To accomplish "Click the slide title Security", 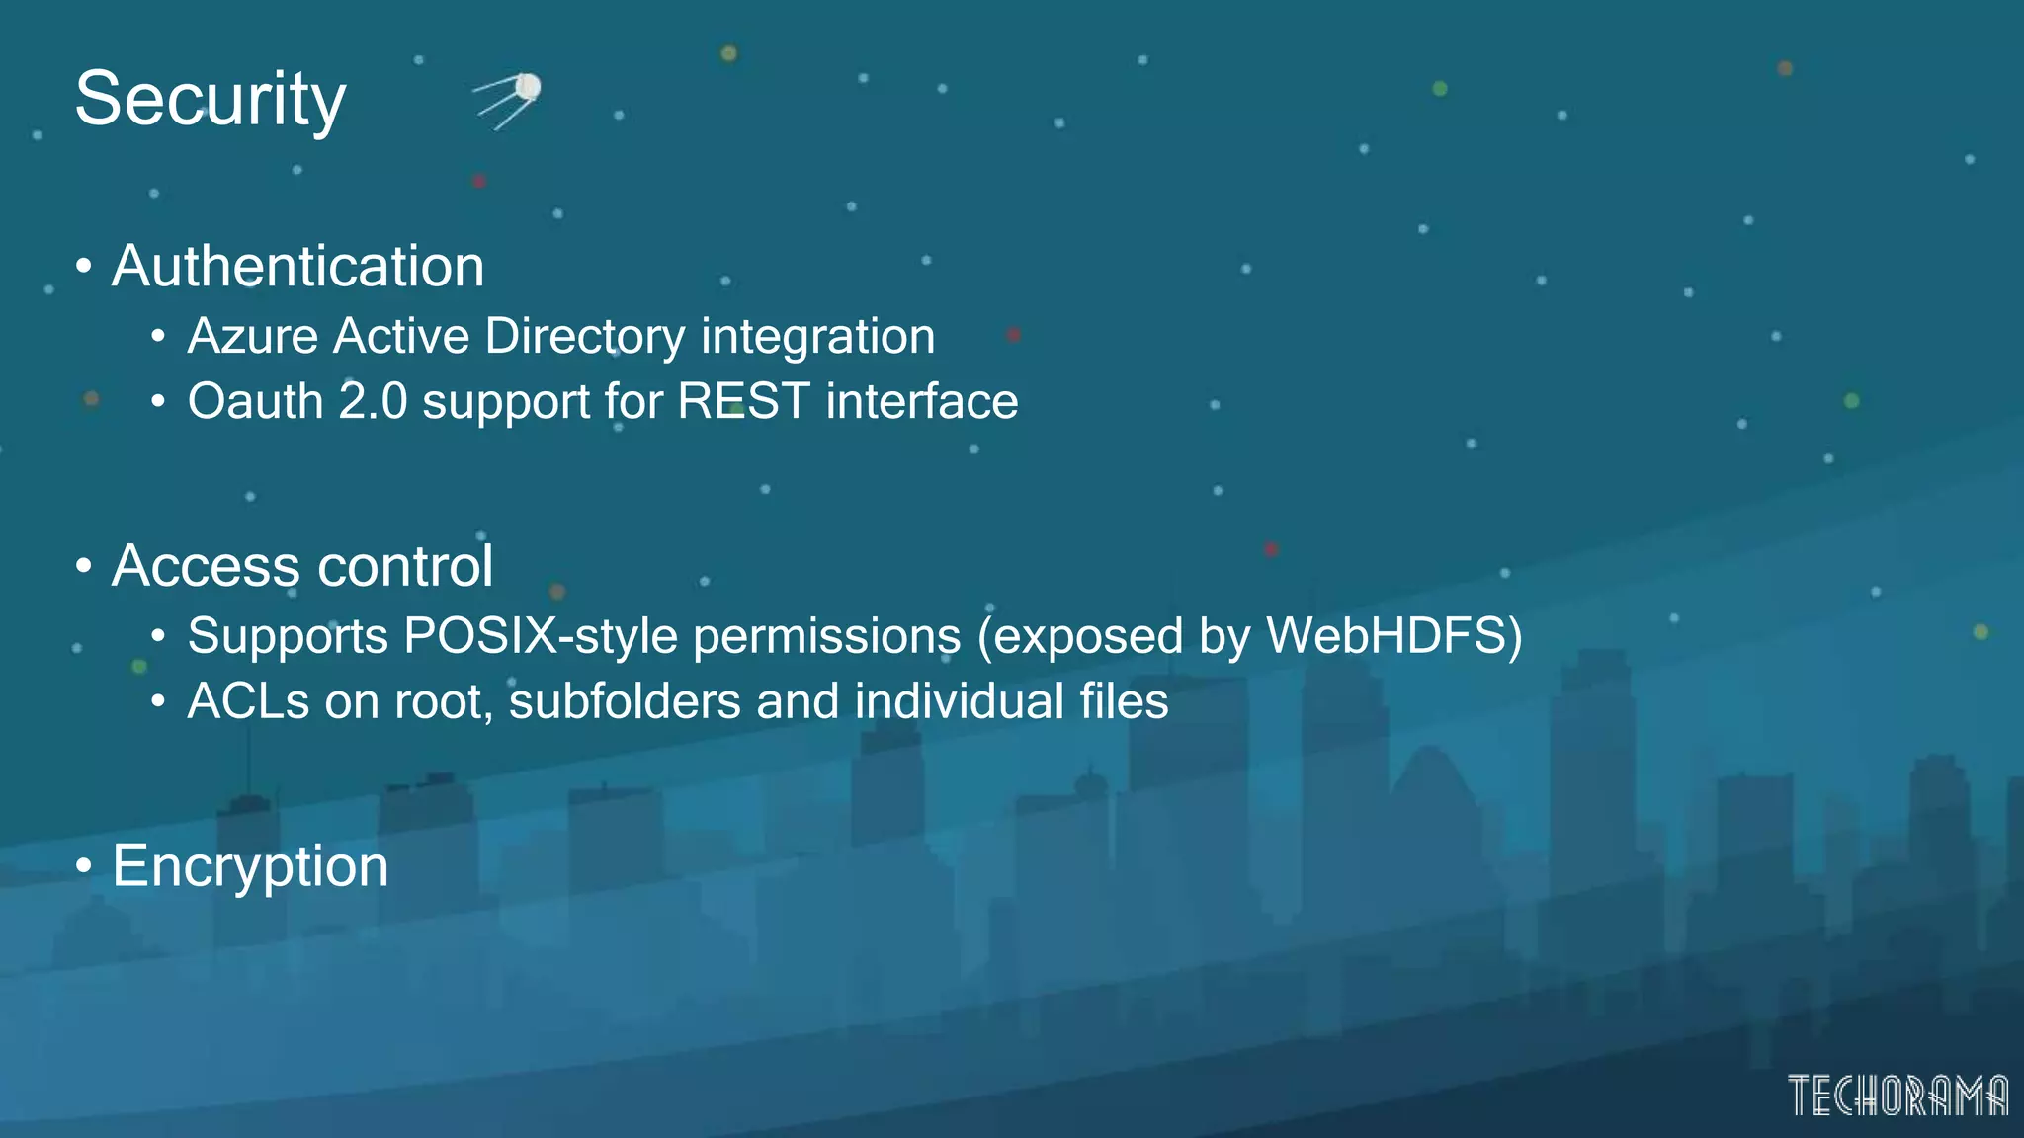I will click(x=211, y=100).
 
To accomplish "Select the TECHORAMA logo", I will click(x=1897, y=1097).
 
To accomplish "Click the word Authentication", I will click(x=297, y=267).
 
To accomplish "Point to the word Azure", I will click(x=252, y=336).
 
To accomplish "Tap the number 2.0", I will click(x=373, y=402).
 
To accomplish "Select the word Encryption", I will click(x=250, y=867).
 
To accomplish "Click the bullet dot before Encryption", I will click(x=84, y=867).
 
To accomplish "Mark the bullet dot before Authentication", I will click(x=84, y=267).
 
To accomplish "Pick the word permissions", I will click(x=827, y=636).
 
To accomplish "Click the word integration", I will click(x=818, y=336).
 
